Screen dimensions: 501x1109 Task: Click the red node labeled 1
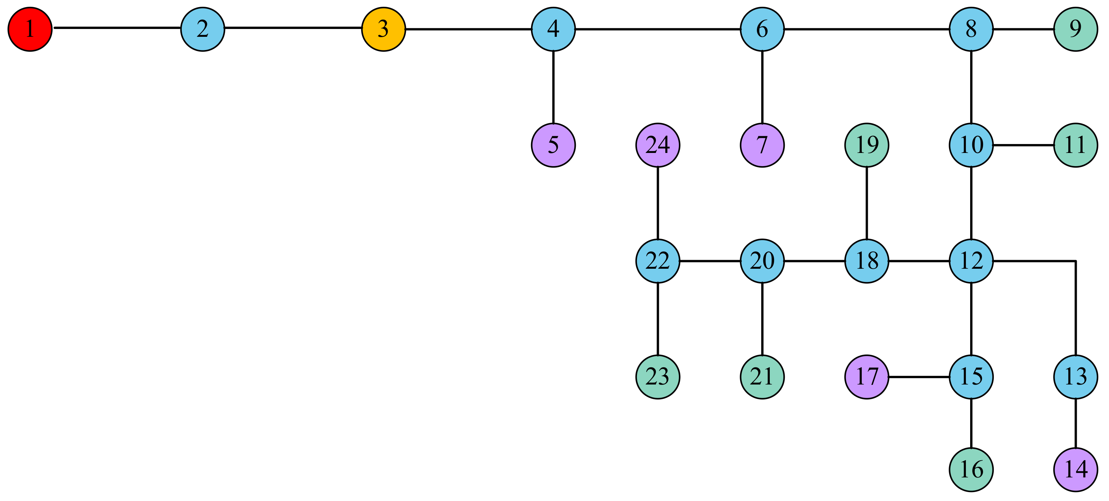point(30,29)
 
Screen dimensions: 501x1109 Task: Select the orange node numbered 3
point(383,29)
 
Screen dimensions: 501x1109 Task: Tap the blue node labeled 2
point(202,29)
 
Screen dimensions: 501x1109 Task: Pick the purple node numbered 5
point(553,145)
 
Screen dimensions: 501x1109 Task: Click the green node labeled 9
point(1075,29)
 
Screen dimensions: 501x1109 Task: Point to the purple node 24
point(657,145)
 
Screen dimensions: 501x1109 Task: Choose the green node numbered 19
point(867,145)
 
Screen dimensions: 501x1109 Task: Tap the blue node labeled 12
point(971,261)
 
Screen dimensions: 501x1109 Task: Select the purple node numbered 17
point(867,377)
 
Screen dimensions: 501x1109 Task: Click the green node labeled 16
point(971,469)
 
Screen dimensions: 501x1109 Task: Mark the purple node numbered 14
point(1075,469)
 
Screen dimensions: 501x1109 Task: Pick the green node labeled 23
point(657,377)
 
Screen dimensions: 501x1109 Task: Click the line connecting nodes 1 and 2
point(116,28)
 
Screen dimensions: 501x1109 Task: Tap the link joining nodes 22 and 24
point(657,203)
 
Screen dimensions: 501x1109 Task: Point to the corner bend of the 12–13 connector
point(1075,261)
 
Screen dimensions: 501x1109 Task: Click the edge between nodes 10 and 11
point(1023,145)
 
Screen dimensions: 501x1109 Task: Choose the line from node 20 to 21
point(762,319)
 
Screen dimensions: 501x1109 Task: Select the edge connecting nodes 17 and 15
point(919,377)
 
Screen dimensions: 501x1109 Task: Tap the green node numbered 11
point(1075,145)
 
